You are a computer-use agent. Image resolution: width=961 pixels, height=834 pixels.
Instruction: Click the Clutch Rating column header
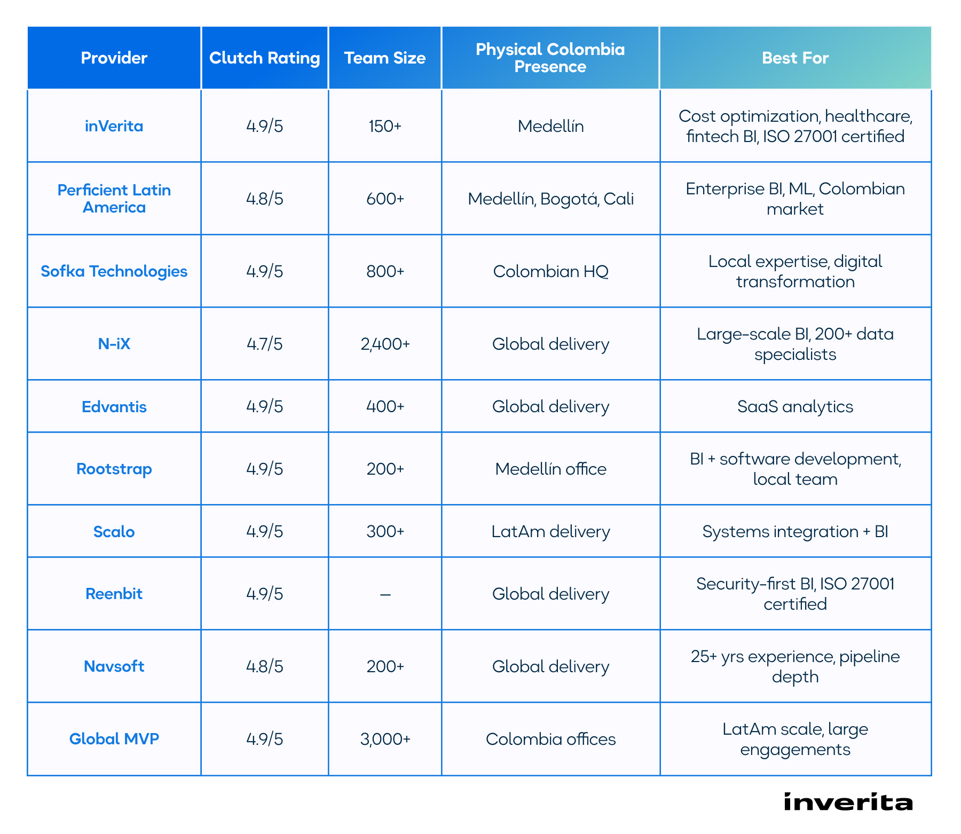tap(264, 58)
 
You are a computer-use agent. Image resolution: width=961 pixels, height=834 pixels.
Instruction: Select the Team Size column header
tap(384, 58)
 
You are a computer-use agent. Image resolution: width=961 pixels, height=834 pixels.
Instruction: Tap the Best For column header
tap(795, 58)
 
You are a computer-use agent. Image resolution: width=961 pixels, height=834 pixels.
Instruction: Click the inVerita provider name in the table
tap(114, 126)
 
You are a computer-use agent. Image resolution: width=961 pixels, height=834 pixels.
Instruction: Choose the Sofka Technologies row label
tap(114, 271)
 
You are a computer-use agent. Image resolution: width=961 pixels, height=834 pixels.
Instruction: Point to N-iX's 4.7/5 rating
tap(264, 344)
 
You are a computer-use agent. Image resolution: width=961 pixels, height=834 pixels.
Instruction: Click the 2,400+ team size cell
tap(385, 344)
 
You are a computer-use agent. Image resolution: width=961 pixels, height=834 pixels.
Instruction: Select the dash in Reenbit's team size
tap(385, 594)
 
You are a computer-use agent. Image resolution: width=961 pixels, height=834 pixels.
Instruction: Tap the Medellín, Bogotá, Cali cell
tap(550, 199)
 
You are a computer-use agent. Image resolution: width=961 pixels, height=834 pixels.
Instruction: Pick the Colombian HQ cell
tap(550, 271)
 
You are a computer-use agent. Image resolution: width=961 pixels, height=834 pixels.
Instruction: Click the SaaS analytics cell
tap(795, 407)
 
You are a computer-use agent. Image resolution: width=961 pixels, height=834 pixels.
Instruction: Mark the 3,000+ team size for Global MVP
tap(385, 739)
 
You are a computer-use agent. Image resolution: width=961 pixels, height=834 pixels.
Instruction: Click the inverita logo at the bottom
tap(848, 802)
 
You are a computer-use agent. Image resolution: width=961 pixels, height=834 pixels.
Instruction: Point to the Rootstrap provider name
tap(114, 469)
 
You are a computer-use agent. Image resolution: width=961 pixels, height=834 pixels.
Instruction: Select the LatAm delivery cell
tap(550, 532)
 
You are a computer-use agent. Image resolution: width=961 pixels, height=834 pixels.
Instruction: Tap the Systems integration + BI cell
tap(795, 532)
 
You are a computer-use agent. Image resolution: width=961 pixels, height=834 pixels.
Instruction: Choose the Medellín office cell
tap(550, 469)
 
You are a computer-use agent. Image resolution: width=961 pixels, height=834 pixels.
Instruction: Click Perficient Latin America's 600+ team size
tap(385, 199)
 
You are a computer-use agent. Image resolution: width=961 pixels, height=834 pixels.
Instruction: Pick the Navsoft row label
tap(114, 666)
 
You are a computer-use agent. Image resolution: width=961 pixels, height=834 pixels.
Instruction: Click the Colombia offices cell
tap(550, 739)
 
